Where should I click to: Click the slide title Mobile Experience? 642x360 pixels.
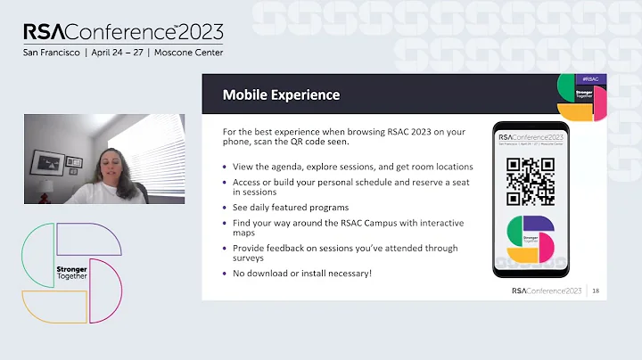(281, 94)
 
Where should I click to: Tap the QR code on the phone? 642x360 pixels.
(530, 181)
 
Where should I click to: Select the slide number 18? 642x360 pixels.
(595, 290)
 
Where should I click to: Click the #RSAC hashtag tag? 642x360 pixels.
(588, 79)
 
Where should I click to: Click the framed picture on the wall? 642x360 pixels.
(46, 162)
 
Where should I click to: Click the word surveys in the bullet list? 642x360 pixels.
(251, 258)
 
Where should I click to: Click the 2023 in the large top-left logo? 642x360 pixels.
(201, 31)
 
